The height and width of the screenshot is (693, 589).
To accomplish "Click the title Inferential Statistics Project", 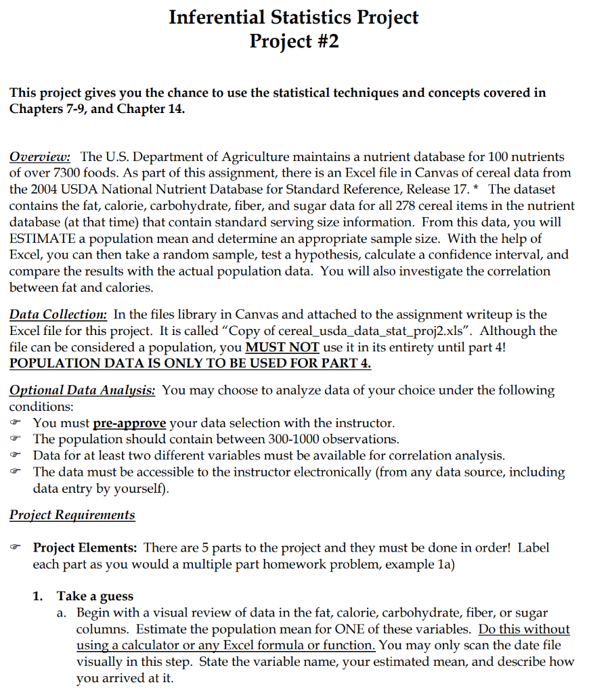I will tap(294, 16).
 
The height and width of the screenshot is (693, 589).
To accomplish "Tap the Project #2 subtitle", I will tap(294, 41).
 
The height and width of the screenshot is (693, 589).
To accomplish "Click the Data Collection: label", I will tap(58, 314).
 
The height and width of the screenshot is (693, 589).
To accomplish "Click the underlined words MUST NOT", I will tap(282, 347).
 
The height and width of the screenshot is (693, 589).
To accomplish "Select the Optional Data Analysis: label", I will tap(83, 390).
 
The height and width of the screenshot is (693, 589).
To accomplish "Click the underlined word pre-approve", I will tap(129, 423).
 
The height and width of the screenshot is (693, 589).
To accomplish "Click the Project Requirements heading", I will tap(72, 515).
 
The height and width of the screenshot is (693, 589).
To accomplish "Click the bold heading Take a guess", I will tap(95, 596).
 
